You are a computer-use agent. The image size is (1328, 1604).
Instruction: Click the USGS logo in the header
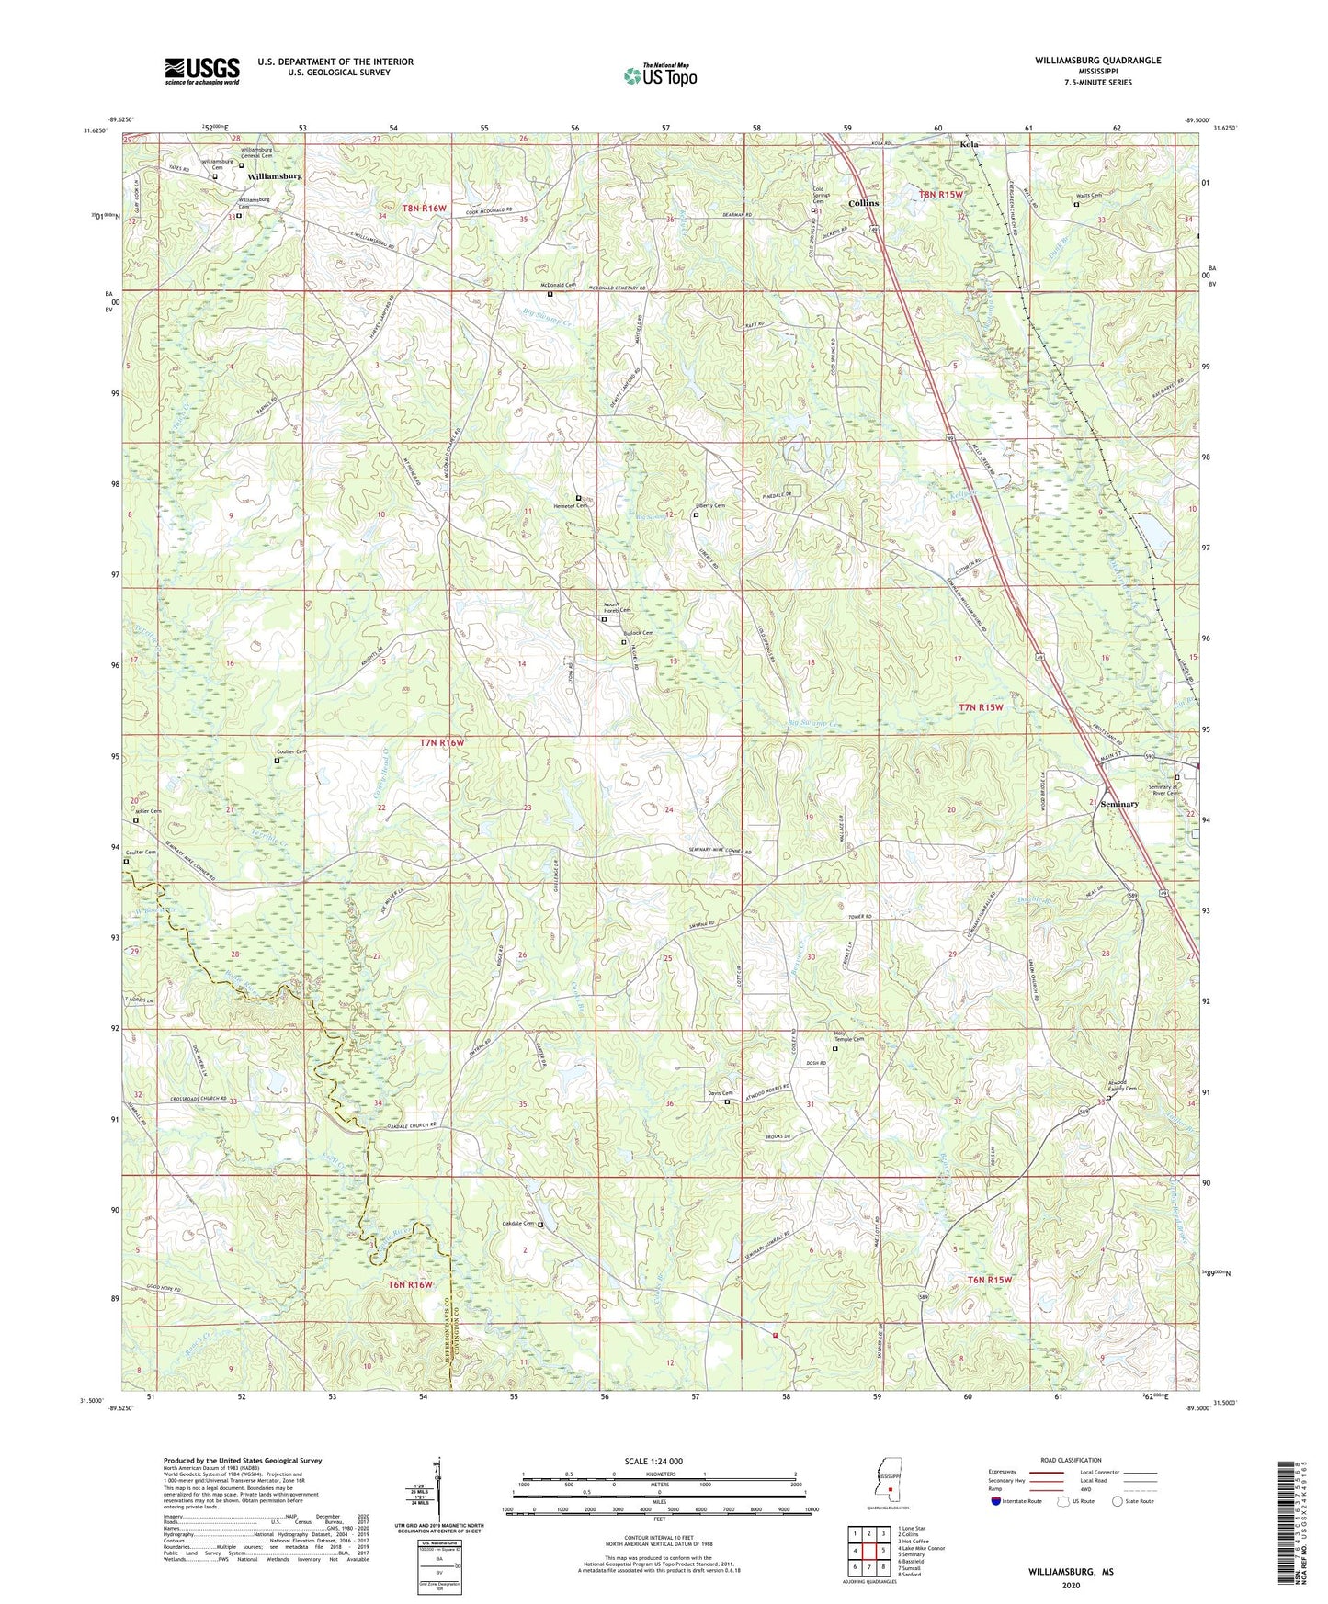click(202, 70)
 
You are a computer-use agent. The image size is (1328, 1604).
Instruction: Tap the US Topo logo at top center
click(660, 75)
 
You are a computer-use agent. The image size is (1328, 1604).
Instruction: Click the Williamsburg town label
click(274, 175)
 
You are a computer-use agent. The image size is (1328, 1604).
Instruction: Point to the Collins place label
click(863, 203)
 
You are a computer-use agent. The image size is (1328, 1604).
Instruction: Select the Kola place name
click(969, 144)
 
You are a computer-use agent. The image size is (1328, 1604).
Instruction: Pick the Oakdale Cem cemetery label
click(516, 1224)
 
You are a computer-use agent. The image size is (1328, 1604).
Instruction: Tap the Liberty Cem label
click(709, 506)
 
